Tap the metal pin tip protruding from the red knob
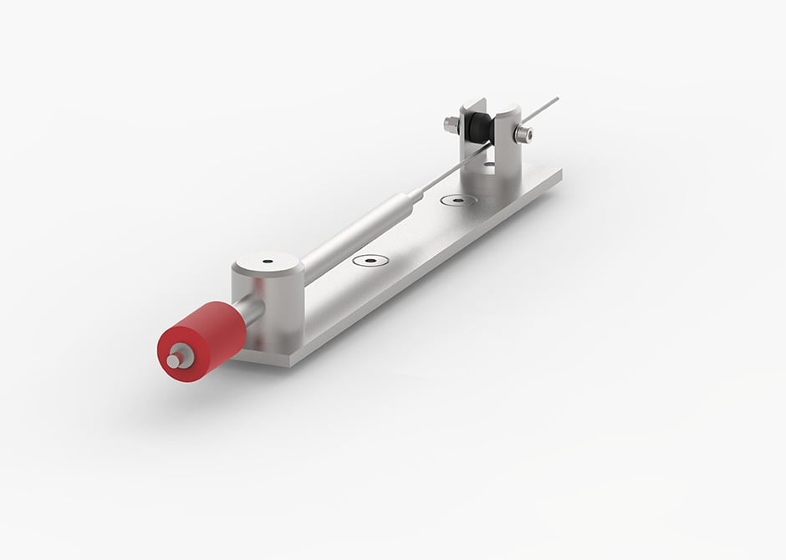pyautogui.click(x=173, y=361)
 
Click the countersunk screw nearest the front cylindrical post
pyautogui.click(x=369, y=260)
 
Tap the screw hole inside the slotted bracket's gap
pyautogui.click(x=489, y=165)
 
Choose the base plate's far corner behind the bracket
pyautogui.click(x=559, y=170)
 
